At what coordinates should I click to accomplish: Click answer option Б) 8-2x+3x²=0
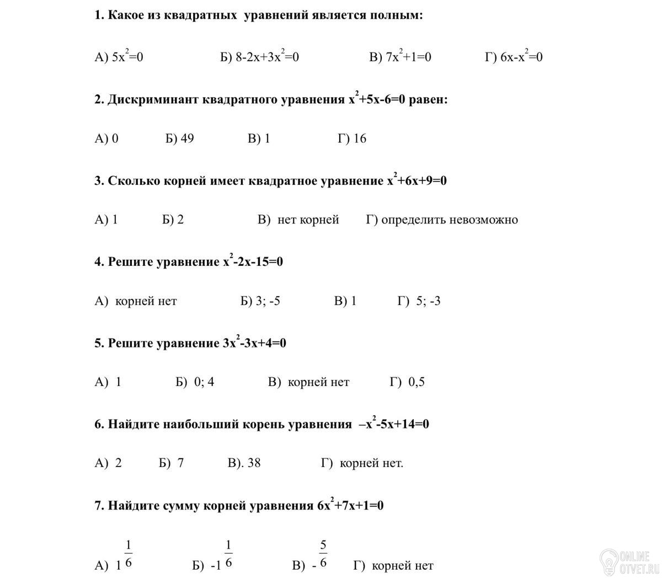click(x=259, y=57)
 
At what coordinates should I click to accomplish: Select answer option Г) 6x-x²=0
click(x=514, y=57)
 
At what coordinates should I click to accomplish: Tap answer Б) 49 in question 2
click(x=179, y=138)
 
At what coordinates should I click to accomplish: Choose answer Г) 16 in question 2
click(x=351, y=138)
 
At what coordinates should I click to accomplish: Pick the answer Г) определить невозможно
click(x=442, y=220)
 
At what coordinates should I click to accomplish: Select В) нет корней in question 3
click(x=298, y=220)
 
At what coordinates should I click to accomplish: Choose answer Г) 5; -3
click(x=419, y=301)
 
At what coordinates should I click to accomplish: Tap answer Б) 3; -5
click(x=260, y=301)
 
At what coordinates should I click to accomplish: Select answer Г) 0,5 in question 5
click(x=407, y=382)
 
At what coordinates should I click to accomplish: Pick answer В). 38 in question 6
click(x=244, y=463)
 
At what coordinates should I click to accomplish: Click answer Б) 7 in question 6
click(x=171, y=463)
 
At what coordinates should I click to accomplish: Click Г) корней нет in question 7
click(x=393, y=566)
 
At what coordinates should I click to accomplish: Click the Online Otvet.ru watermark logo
click(x=628, y=561)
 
